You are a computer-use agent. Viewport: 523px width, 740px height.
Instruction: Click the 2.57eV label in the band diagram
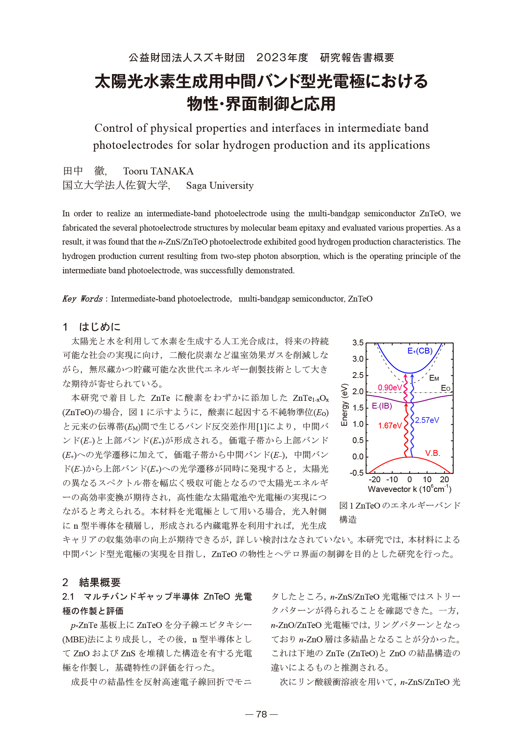pyautogui.click(x=427, y=420)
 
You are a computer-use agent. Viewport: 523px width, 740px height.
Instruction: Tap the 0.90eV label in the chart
pyautogui.click(x=390, y=388)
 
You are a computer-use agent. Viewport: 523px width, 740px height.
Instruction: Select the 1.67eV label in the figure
pyautogui.click(x=390, y=426)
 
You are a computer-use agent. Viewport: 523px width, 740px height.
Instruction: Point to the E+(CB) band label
pyautogui.click(x=420, y=351)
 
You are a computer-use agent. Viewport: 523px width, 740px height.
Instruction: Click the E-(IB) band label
pyautogui.click(x=382, y=406)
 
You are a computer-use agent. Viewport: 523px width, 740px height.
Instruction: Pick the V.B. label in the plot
pyautogui.click(x=432, y=453)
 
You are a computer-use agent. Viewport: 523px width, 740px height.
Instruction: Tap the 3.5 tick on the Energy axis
pyautogui.click(x=358, y=343)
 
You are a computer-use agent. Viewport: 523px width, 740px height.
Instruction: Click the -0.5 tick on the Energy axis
pyautogui.click(x=356, y=473)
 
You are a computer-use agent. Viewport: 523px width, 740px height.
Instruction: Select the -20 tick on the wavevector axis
pyautogui.click(x=374, y=480)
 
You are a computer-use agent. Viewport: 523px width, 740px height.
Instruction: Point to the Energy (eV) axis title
pyautogui.click(x=344, y=405)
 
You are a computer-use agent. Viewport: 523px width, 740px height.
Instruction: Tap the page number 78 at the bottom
pyautogui.click(x=261, y=714)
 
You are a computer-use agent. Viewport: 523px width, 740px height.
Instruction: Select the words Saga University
pyautogui.click(x=220, y=186)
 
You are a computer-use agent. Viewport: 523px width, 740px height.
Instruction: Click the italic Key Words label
pyautogui.click(x=82, y=298)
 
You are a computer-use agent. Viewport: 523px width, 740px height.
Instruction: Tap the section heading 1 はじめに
pyautogui.click(x=92, y=327)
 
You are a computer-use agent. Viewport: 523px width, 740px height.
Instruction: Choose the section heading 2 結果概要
pyautogui.click(x=92, y=582)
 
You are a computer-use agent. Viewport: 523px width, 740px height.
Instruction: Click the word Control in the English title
pyautogui.click(x=114, y=128)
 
